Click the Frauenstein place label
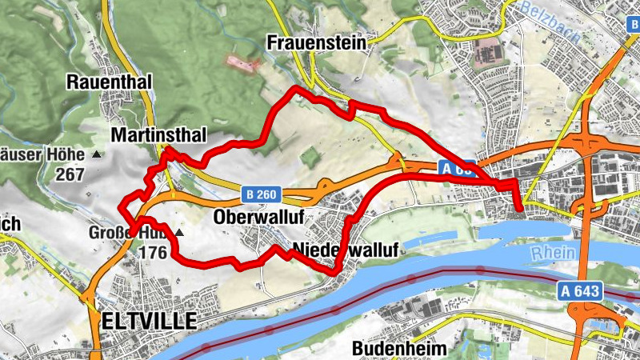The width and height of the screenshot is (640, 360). (318, 42)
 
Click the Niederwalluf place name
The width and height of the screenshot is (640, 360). (346, 250)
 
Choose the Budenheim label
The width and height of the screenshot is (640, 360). (399, 349)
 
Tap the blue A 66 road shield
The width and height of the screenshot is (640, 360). (457, 168)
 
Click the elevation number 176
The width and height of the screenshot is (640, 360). (152, 253)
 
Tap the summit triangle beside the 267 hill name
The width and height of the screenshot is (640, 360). (98, 154)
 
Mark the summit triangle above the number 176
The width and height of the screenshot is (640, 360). (179, 234)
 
